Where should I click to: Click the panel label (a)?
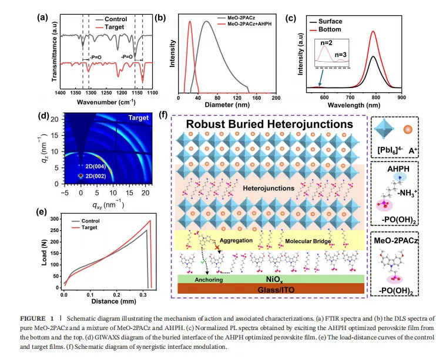point(42,18)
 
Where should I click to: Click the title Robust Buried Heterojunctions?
point(270,125)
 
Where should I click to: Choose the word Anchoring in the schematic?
point(200,281)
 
